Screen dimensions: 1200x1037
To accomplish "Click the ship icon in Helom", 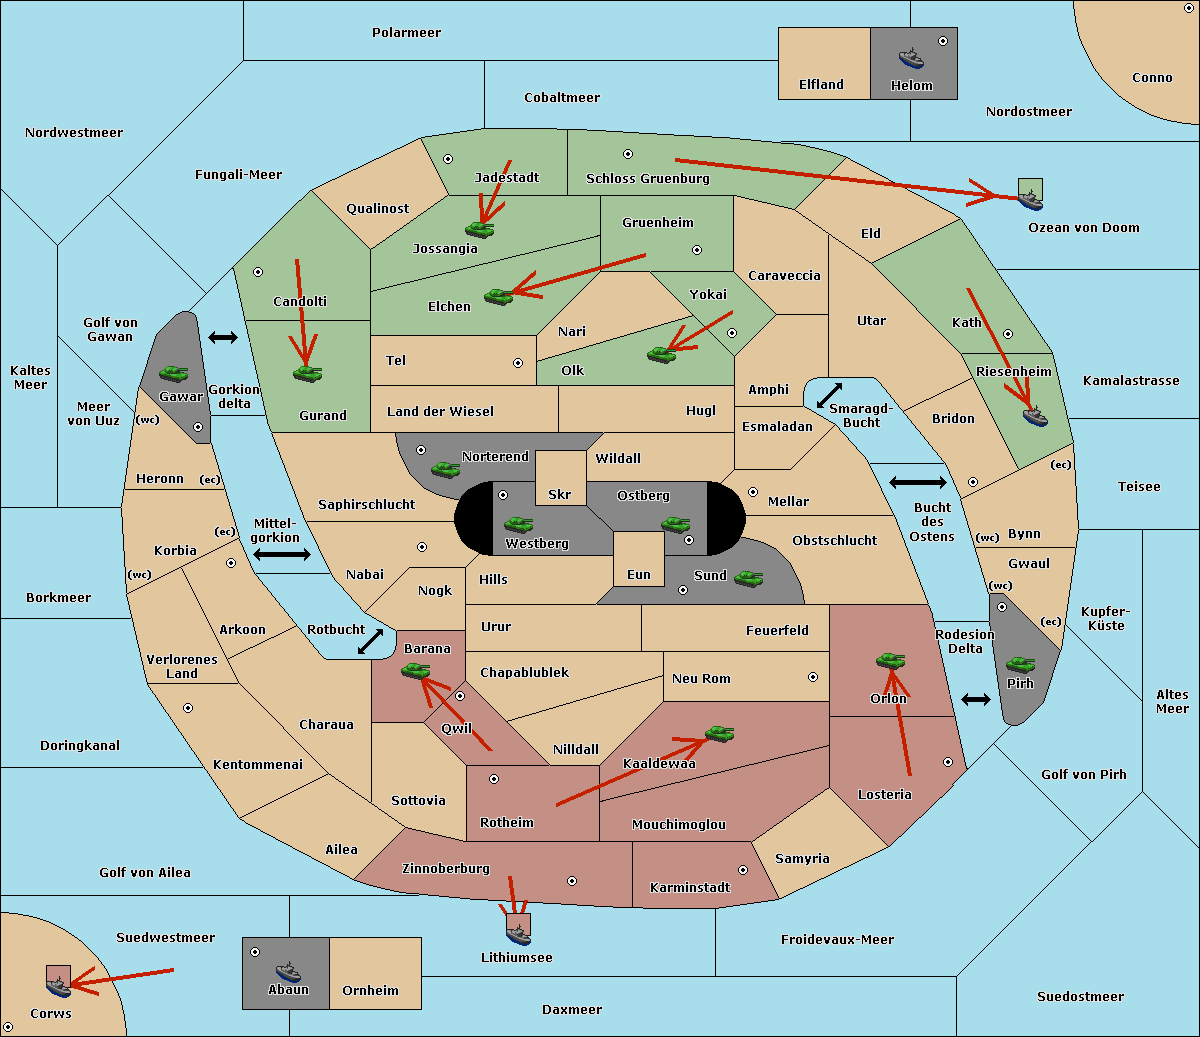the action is pos(911,58).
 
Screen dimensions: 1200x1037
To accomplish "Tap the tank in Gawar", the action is pos(174,373).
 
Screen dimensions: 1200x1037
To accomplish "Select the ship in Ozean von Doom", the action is pos(1030,200).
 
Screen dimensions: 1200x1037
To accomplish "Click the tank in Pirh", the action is pos(1020,664).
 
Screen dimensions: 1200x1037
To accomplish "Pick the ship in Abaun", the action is pos(288,972).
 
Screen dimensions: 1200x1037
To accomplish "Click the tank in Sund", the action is pos(748,578).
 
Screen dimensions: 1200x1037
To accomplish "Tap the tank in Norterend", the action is pos(445,469).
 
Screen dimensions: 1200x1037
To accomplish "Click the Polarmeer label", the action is pos(406,33).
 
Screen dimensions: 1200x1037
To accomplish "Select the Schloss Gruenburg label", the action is pos(648,178).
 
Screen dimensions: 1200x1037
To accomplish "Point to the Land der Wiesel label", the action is pos(440,411).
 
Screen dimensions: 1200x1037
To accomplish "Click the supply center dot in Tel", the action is pos(518,363).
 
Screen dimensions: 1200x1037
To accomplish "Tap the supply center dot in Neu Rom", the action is pos(813,677).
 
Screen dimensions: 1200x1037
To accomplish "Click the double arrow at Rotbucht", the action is pos(370,642).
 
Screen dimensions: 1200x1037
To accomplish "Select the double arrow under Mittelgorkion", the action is pos(282,554).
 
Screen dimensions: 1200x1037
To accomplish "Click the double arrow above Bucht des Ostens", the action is pos(918,482).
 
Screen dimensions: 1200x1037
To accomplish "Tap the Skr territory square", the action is pos(560,478).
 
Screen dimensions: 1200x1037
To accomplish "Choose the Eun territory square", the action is pos(639,559).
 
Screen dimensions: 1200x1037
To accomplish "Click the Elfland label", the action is pos(821,85).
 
